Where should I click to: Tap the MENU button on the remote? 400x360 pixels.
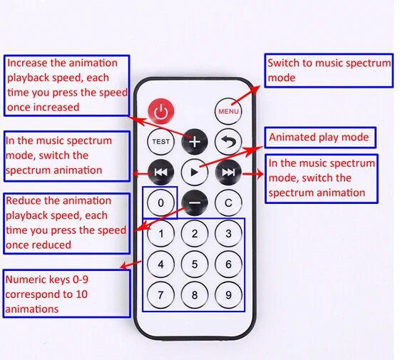(x=228, y=111)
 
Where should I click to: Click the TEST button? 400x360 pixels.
(x=160, y=142)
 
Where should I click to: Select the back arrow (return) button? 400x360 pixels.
(x=228, y=142)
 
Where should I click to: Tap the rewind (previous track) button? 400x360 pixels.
(x=160, y=173)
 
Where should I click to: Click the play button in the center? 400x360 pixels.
(x=195, y=173)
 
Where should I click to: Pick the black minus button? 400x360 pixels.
(x=195, y=203)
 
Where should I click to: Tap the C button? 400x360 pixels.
(x=228, y=203)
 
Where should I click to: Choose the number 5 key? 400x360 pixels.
(x=195, y=264)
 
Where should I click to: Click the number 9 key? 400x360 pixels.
(x=228, y=295)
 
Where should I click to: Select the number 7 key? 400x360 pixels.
(x=160, y=295)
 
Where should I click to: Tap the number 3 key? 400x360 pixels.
(x=228, y=233)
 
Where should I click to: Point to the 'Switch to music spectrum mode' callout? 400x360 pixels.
(x=329, y=71)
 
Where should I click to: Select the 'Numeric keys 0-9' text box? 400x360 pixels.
(x=67, y=294)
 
